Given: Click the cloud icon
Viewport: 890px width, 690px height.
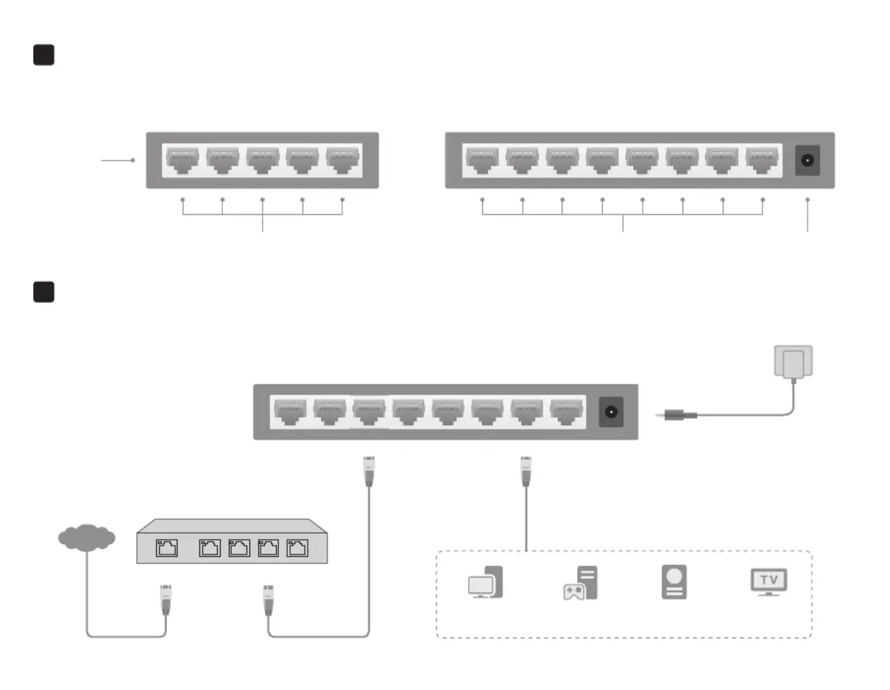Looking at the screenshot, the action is [86, 537].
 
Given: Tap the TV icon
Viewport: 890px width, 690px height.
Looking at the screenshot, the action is [769, 582].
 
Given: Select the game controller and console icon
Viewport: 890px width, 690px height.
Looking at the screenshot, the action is [580, 582].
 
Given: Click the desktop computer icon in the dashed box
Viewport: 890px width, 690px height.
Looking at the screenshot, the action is [485, 582].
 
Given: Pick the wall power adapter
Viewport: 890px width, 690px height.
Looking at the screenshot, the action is [793, 362].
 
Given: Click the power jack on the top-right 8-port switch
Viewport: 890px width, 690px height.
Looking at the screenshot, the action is [808, 161].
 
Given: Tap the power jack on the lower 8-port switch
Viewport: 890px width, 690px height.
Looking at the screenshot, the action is [611, 412].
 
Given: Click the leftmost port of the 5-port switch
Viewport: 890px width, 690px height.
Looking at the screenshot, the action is [183, 161].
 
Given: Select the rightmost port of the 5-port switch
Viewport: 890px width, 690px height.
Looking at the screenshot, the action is [342, 161].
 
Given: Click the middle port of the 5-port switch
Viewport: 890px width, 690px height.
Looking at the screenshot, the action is [263, 161].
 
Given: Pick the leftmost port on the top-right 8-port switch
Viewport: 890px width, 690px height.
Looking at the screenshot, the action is [482, 161].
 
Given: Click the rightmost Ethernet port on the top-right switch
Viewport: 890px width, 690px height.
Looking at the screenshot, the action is [762, 161].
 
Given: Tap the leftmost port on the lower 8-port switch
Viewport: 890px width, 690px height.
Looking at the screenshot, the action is [290, 412].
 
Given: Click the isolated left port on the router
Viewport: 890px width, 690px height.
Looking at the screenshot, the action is [166, 548].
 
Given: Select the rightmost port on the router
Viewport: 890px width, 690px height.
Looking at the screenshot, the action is [297, 548].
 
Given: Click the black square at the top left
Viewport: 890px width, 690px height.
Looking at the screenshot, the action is [44, 55].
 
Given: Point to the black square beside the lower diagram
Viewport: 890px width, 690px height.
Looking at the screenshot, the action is [44, 292].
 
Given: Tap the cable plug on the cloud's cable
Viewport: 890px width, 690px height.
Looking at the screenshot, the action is [166, 600].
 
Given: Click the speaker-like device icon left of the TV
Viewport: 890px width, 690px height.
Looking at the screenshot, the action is [674, 582].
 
